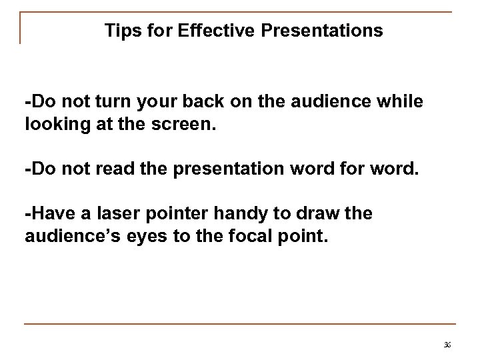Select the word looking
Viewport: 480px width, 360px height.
click(53, 123)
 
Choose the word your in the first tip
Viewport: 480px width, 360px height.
click(153, 104)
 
